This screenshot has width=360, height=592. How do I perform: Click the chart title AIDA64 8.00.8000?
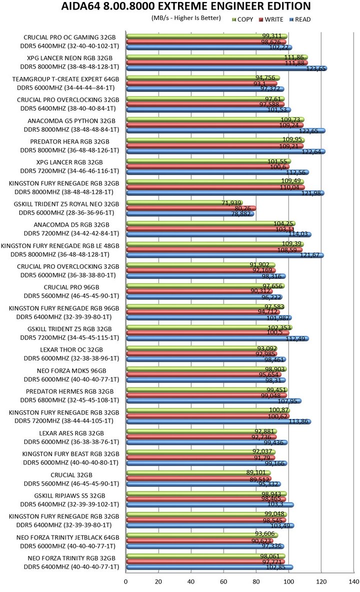tap(185, 6)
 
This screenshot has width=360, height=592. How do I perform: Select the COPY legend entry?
tap(245, 19)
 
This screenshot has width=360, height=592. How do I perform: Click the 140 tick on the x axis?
tap(354, 581)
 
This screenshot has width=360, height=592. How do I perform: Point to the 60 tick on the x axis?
tap(223, 581)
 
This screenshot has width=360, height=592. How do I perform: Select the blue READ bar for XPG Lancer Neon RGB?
tap(225, 68)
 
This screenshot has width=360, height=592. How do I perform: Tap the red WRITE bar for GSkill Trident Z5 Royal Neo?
tap(190, 208)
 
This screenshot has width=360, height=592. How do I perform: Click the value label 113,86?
tap(298, 421)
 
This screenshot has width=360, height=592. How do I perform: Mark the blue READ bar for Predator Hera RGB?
tap(225, 151)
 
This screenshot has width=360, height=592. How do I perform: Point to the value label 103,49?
tap(283, 525)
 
